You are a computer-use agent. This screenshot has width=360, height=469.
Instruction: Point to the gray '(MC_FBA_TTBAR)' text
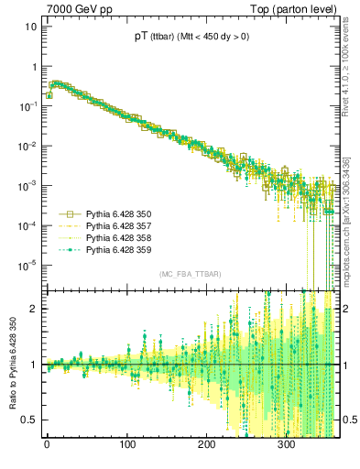[x=187, y=275]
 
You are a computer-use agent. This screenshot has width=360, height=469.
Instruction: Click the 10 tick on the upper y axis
[x=31, y=27]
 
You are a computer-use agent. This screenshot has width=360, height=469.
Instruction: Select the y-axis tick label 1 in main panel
[x=34, y=67]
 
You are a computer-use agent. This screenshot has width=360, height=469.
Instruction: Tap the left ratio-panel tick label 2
[x=34, y=309]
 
